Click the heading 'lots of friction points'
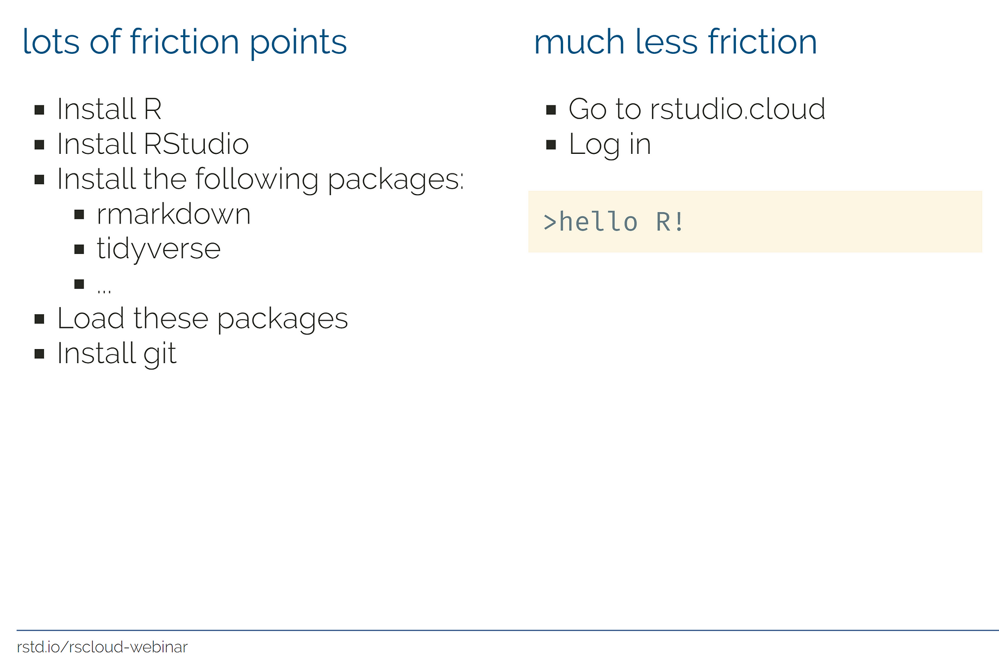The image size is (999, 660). (184, 42)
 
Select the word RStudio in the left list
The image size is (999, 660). (196, 144)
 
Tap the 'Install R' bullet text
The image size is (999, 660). (109, 109)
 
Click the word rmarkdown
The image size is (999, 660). (173, 214)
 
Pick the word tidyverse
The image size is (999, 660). (159, 250)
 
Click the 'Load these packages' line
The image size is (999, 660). (202, 319)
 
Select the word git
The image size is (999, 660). (160, 354)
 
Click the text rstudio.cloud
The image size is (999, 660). (738, 109)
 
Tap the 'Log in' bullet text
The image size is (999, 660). (609, 145)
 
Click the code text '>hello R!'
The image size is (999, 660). (614, 222)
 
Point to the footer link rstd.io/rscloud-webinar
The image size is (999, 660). (102, 647)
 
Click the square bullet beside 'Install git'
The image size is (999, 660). (39, 354)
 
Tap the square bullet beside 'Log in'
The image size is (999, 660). (551, 145)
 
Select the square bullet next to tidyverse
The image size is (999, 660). (79, 250)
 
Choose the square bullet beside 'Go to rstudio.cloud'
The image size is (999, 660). (551, 110)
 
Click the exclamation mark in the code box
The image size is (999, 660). (679, 222)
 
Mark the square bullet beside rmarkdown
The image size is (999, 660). (79, 215)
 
